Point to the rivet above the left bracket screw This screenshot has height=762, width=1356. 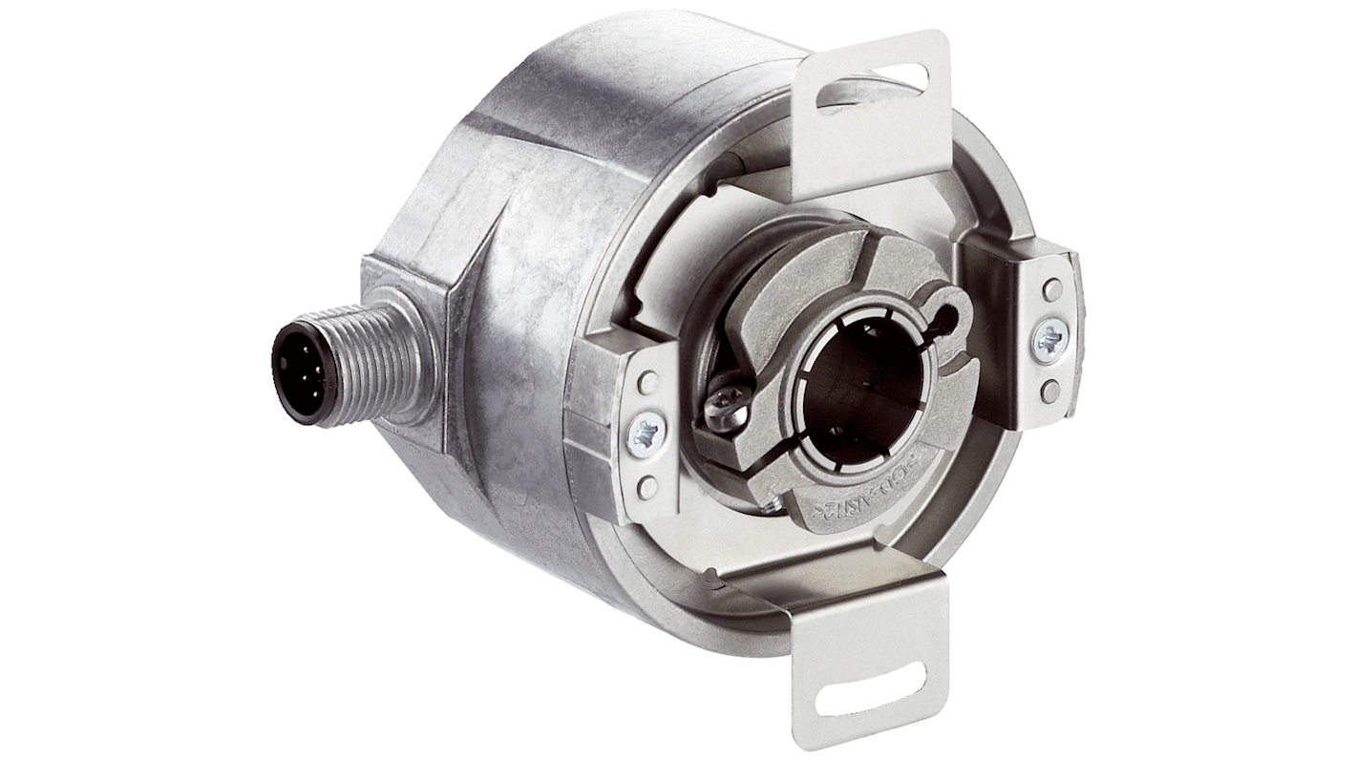(648, 383)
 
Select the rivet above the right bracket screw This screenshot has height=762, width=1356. (1052, 288)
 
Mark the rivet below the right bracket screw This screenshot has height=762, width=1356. (1051, 389)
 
